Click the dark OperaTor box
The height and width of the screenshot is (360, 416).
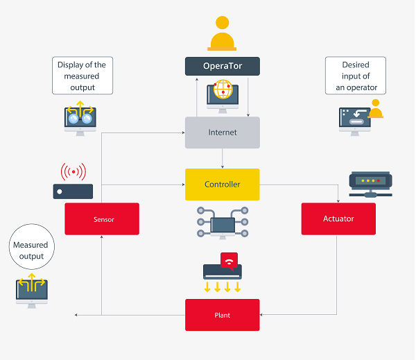(222, 66)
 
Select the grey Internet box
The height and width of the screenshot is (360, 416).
(222, 132)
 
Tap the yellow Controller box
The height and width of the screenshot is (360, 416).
(222, 185)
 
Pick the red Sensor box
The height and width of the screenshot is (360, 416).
(102, 219)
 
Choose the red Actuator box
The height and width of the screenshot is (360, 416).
(338, 219)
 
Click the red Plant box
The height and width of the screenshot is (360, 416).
(222, 315)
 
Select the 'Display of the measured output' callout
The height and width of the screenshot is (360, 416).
(83, 76)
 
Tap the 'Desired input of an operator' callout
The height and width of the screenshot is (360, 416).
(355, 76)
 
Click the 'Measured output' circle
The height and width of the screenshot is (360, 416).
(31, 250)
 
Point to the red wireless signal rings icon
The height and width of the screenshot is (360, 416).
(73, 171)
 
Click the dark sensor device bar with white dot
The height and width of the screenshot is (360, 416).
(73, 191)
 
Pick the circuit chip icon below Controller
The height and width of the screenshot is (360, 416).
(223, 223)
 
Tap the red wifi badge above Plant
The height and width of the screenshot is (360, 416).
(228, 259)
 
